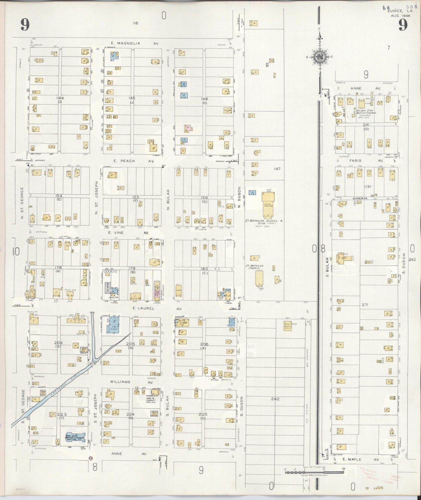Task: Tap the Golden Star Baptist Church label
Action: (x=366, y=112)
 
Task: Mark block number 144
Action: (x=61, y=98)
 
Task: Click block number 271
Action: (x=365, y=305)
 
